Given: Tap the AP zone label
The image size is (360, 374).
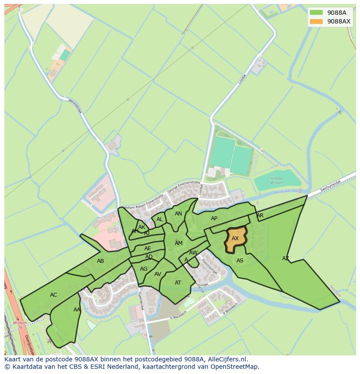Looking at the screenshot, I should [x=214, y=218].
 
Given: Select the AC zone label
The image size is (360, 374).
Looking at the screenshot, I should [x=53, y=295].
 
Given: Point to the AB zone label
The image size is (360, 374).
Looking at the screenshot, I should [x=100, y=261].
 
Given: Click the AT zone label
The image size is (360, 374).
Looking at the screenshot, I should [x=178, y=283].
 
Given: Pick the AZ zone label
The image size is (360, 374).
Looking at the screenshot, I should [x=286, y=258].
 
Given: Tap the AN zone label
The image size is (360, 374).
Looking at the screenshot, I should [x=178, y=214].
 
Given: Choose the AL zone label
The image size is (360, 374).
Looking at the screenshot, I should [x=160, y=219].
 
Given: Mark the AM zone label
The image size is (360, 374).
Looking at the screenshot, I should [x=179, y=243].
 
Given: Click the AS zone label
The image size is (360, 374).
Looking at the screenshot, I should [x=240, y=261].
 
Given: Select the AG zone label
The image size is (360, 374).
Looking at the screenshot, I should [x=144, y=269].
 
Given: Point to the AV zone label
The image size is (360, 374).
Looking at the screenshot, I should [x=158, y=274].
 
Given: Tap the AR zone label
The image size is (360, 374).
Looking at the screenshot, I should [x=260, y=215].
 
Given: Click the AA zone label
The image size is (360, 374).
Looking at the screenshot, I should [x=77, y=310].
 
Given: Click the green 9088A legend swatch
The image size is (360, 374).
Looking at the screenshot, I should [x=317, y=12].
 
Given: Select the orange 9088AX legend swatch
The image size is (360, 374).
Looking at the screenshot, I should [x=317, y=21].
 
